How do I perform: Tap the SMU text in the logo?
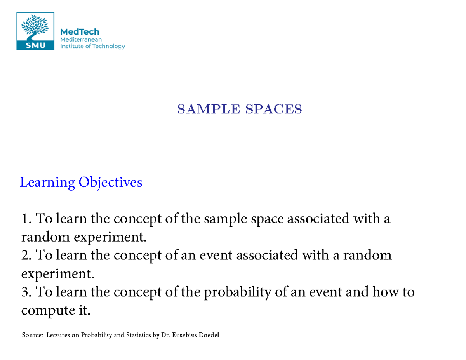(35, 45)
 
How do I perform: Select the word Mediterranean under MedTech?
(80, 40)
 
